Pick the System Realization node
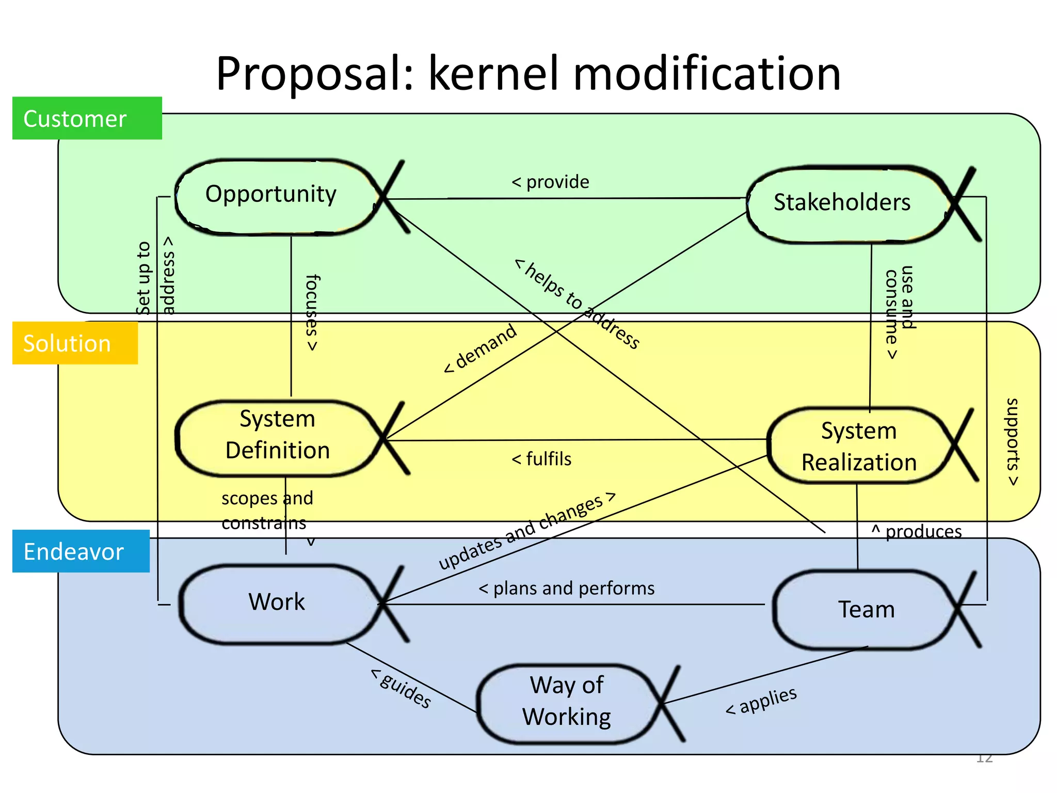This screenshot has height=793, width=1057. click(x=859, y=446)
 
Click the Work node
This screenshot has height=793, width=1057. click(x=278, y=603)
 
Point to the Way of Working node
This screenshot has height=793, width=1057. click(x=567, y=702)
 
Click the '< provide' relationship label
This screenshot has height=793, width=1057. click(x=550, y=182)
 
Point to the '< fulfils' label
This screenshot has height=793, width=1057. click(x=541, y=459)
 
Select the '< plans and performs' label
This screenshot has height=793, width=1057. click(x=567, y=589)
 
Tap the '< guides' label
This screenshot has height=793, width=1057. click(x=402, y=689)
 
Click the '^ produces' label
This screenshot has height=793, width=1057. click(x=917, y=532)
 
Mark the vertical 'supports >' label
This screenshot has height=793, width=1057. click(x=1013, y=442)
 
